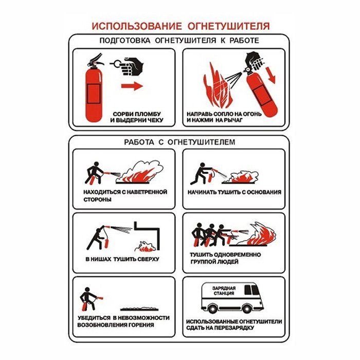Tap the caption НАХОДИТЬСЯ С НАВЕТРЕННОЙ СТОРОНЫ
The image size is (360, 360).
coord(125,195)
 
